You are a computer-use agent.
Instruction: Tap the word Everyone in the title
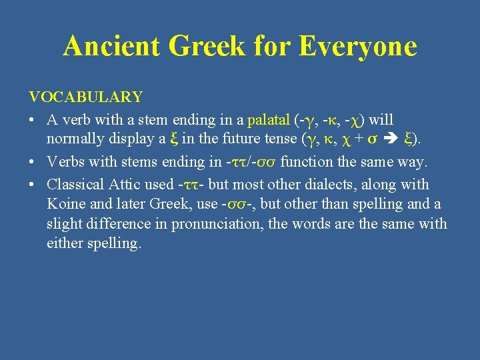click(358, 46)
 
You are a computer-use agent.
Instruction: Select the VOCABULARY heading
click(85, 97)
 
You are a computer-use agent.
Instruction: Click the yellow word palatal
click(269, 120)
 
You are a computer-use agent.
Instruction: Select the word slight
click(63, 224)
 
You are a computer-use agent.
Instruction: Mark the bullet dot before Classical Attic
click(33, 185)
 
